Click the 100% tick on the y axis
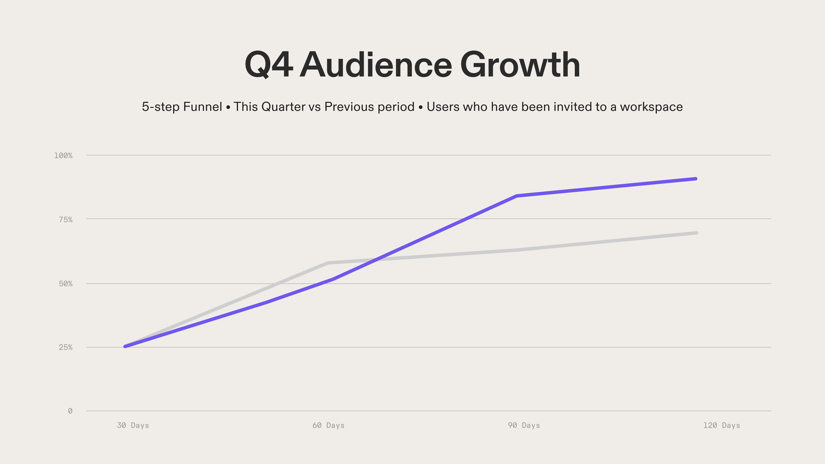point(63,156)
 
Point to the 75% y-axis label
point(66,220)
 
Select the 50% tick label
point(66,284)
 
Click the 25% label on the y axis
point(66,347)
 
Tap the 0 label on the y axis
point(70,411)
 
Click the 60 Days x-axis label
point(328,425)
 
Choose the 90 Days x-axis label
point(524,425)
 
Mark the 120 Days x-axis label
point(721,425)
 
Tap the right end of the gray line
point(696,233)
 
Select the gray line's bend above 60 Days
point(328,263)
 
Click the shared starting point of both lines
point(125,346)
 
